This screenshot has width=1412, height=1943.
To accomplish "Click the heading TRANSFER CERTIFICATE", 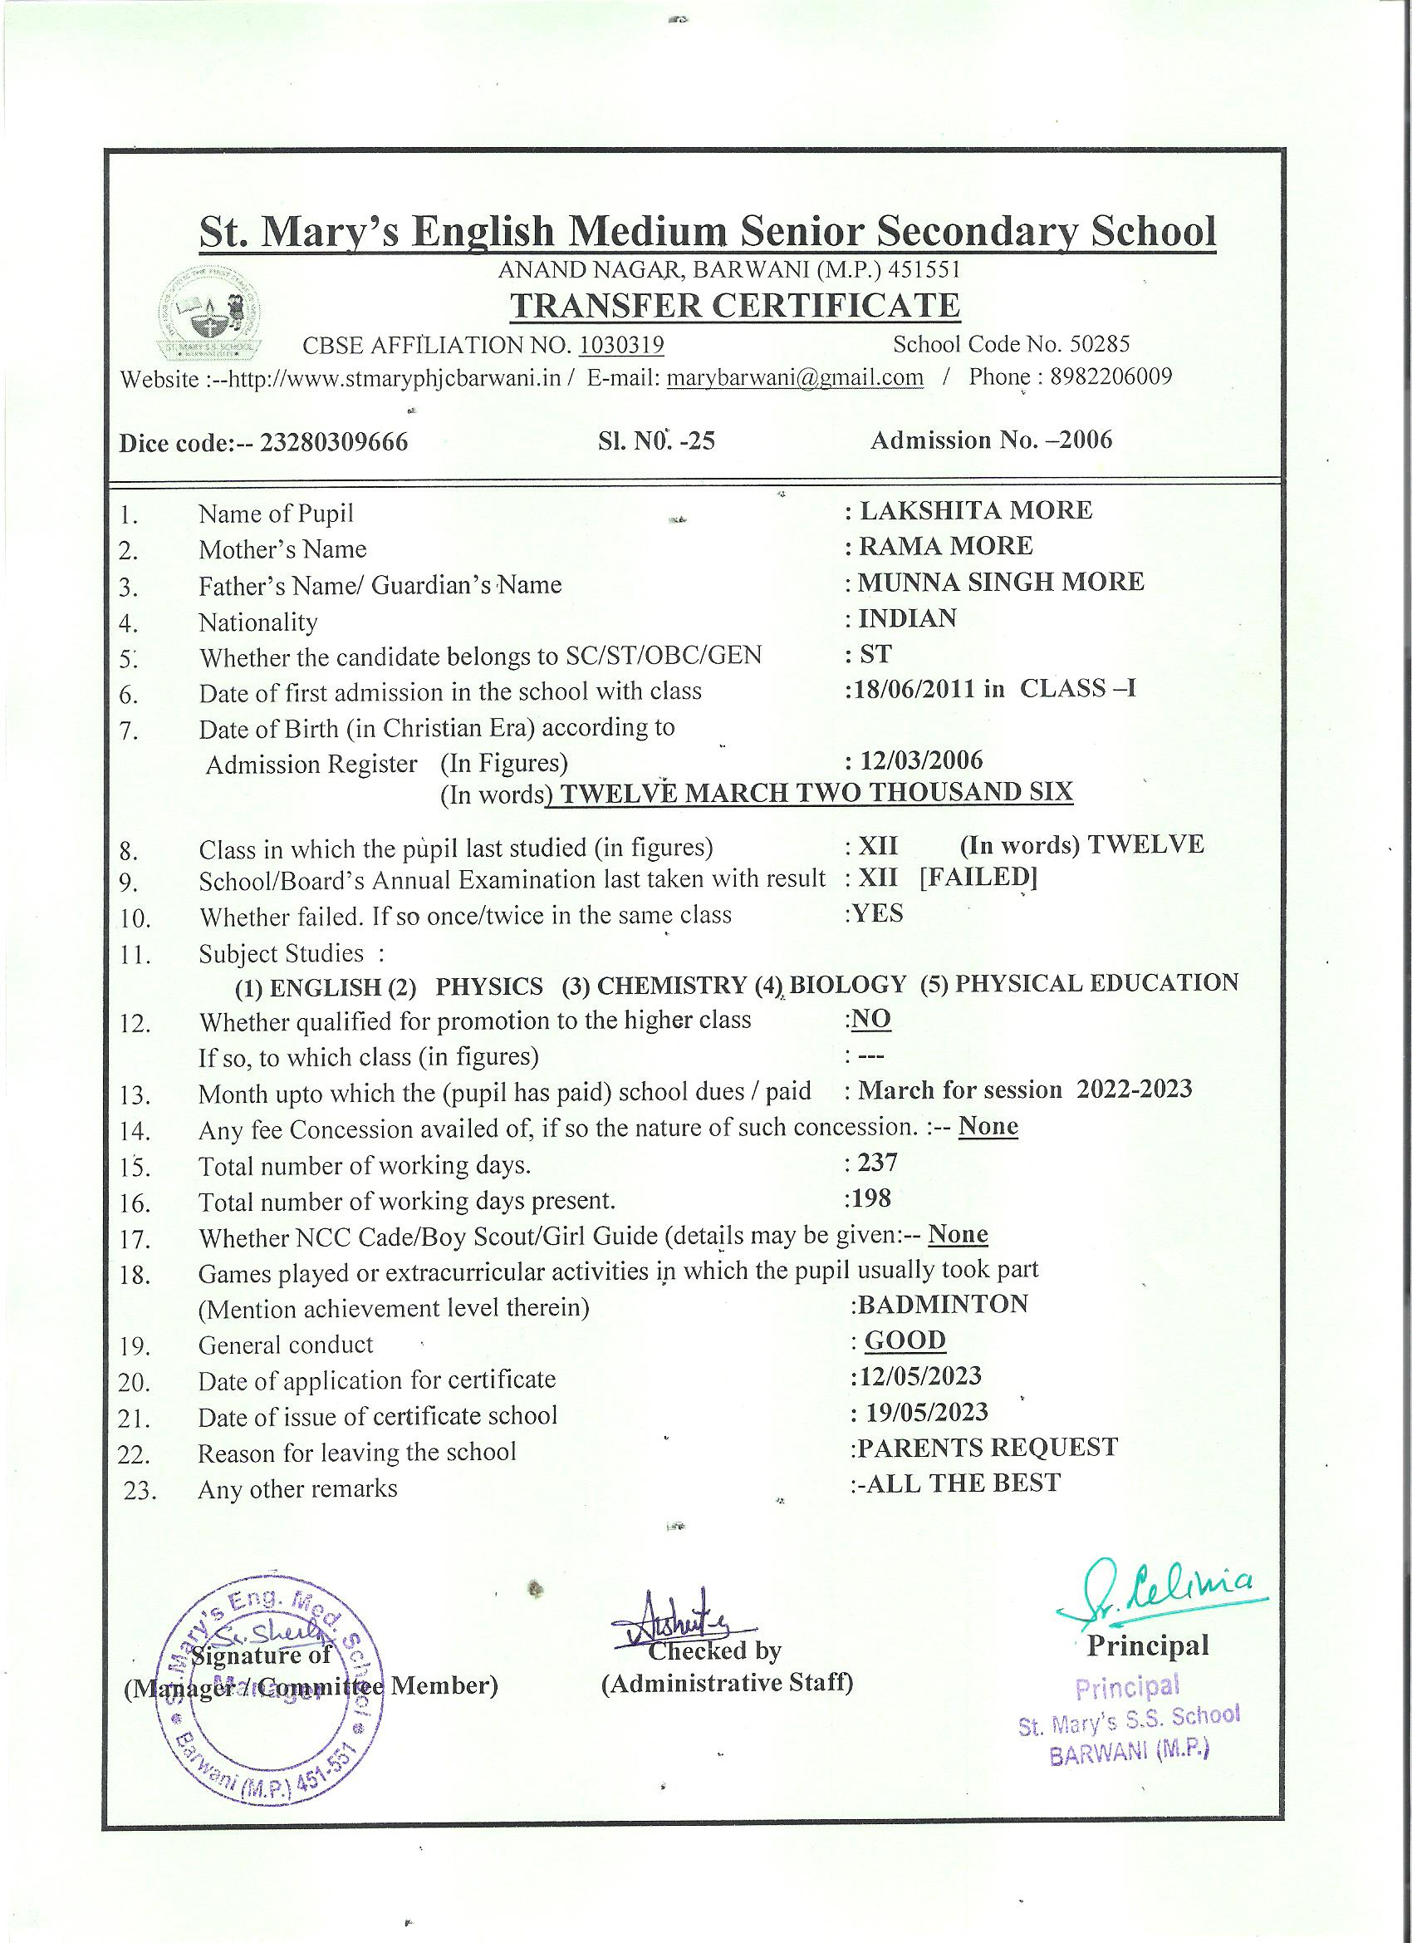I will coord(735,306).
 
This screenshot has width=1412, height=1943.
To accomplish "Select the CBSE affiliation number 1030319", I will coord(621,345).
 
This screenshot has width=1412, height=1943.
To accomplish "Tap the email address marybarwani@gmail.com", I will coord(795,378).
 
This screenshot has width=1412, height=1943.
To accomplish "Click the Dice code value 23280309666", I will coord(334,443).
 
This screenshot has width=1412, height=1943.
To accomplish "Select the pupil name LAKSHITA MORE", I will coord(975,510).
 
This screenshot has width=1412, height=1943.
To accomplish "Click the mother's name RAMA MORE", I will coord(945,546).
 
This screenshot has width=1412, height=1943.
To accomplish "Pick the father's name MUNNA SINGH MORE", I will coord(1001,582).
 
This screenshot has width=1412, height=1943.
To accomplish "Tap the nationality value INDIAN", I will coord(908,617).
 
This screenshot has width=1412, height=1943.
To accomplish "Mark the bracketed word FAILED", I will coord(978,878).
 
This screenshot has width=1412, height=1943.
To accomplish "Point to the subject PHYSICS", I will coord(489,987).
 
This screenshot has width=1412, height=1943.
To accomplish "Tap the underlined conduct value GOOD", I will coord(905,1340).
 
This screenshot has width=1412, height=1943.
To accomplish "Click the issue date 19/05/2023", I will coord(926,1412).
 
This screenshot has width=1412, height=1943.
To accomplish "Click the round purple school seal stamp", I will coord(269,1692).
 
